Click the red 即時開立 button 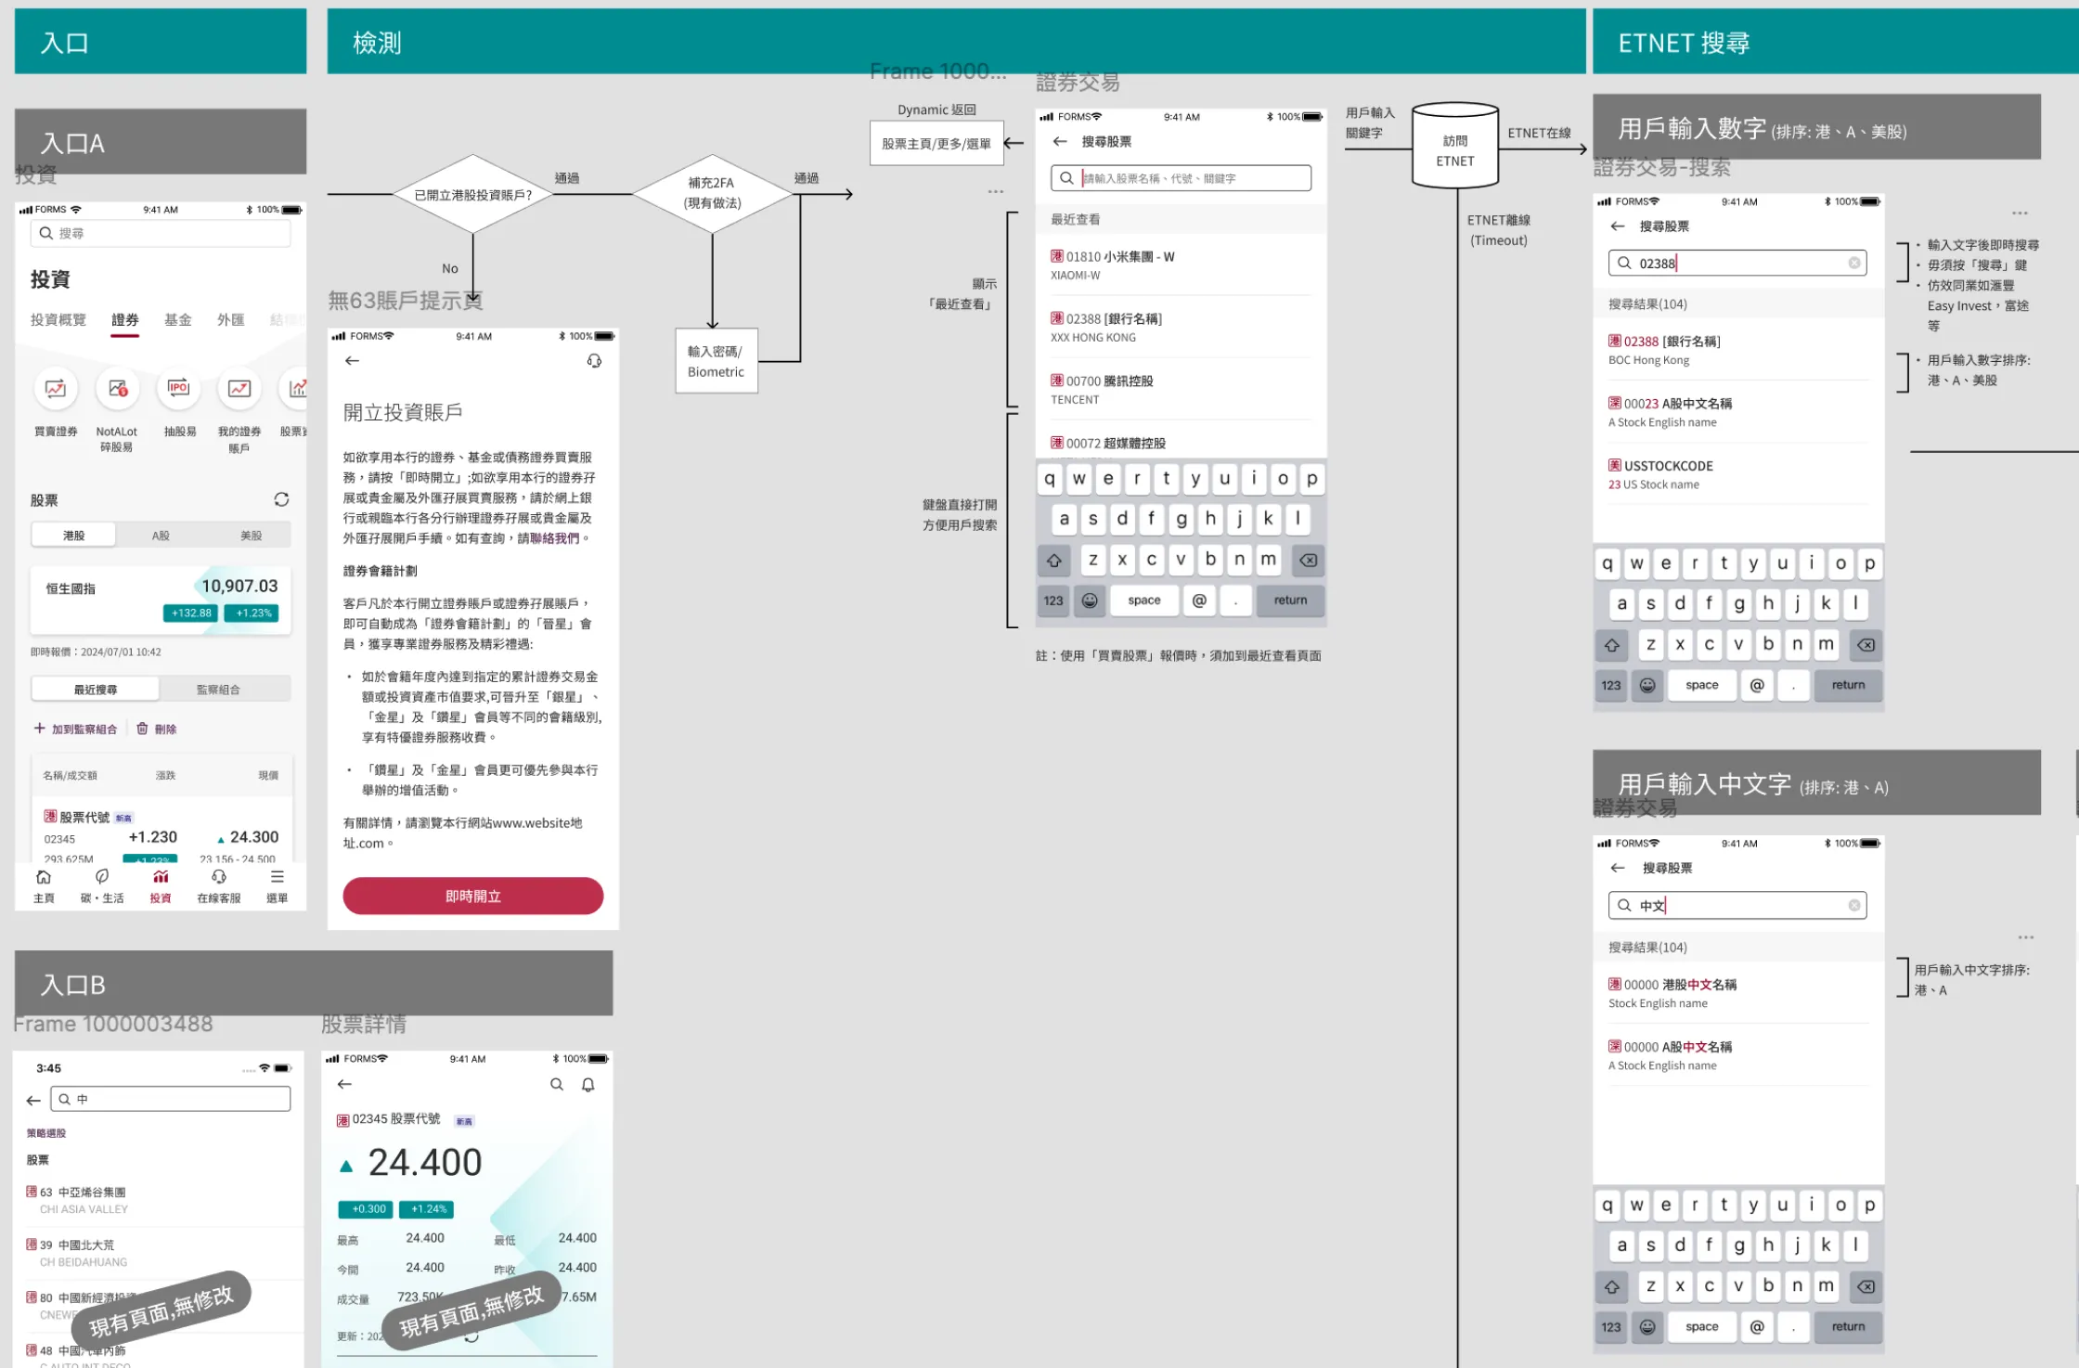pyautogui.click(x=472, y=896)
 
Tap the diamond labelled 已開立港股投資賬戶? pyautogui.click(x=472, y=195)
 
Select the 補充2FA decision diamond pyautogui.click(x=712, y=194)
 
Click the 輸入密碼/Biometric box pyautogui.click(x=716, y=361)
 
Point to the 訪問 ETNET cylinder pyautogui.click(x=1454, y=148)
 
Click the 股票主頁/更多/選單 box pyautogui.click(x=936, y=144)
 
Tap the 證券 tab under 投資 pyautogui.click(x=125, y=320)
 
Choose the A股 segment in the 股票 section pyautogui.click(x=161, y=536)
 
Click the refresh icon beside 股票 pyautogui.click(x=281, y=500)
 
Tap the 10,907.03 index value pyautogui.click(x=239, y=587)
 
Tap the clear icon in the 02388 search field pyautogui.click(x=1853, y=264)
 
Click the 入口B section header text pyautogui.click(x=72, y=985)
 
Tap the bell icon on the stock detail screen pyautogui.click(x=588, y=1085)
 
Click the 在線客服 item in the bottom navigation pyautogui.click(x=219, y=885)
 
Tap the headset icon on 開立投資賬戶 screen pyautogui.click(x=594, y=361)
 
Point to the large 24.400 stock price pyautogui.click(x=424, y=1163)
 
